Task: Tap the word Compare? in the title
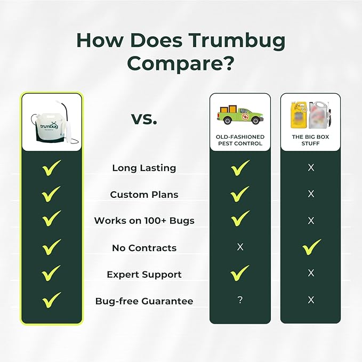(x=181, y=63)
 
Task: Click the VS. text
(x=144, y=119)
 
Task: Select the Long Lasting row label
(x=144, y=168)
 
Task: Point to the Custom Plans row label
(x=144, y=195)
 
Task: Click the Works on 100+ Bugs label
(x=144, y=221)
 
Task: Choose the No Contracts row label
(x=144, y=248)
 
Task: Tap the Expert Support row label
(x=144, y=275)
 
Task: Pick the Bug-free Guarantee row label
(x=144, y=301)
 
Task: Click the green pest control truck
(x=240, y=115)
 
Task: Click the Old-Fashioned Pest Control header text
(x=240, y=140)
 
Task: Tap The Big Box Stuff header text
(x=310, y=140)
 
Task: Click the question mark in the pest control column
(x=240, y=300)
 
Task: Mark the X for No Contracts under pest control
(x=240, y=247)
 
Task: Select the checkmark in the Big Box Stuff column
(x=311, y=247)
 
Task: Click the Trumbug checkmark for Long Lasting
(x=52, y=168)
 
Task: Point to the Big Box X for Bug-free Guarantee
(x=311, y=300)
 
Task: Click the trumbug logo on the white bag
(x=49, y=125)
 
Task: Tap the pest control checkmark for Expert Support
(x=240, y=273)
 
